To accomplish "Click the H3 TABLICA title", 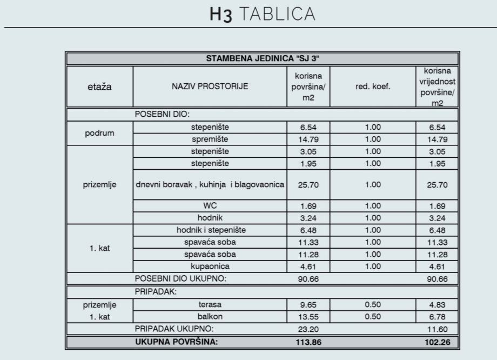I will point(262,15).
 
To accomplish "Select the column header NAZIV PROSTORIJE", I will point(210,86).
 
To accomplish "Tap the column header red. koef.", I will point(373,86).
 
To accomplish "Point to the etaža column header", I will point(99,86).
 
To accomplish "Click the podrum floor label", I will point(99,133).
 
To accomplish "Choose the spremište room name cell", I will point(210,139).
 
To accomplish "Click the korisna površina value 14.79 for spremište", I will point(308,139).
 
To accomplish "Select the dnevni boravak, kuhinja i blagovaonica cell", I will point(210,184).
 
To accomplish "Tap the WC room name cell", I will point(210,206).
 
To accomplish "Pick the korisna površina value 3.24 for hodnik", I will point(308,218).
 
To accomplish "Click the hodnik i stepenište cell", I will point(210,230).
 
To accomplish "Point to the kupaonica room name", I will point(210,266).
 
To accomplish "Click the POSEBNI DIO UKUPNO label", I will point(180,279).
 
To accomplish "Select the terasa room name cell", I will point(210,304).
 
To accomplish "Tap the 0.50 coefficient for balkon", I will point(373,317).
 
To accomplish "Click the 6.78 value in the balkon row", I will point(438,317).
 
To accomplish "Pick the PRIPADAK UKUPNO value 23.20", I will point(308,329).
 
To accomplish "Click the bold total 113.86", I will point(308,342).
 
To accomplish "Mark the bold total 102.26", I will point(438,342).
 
